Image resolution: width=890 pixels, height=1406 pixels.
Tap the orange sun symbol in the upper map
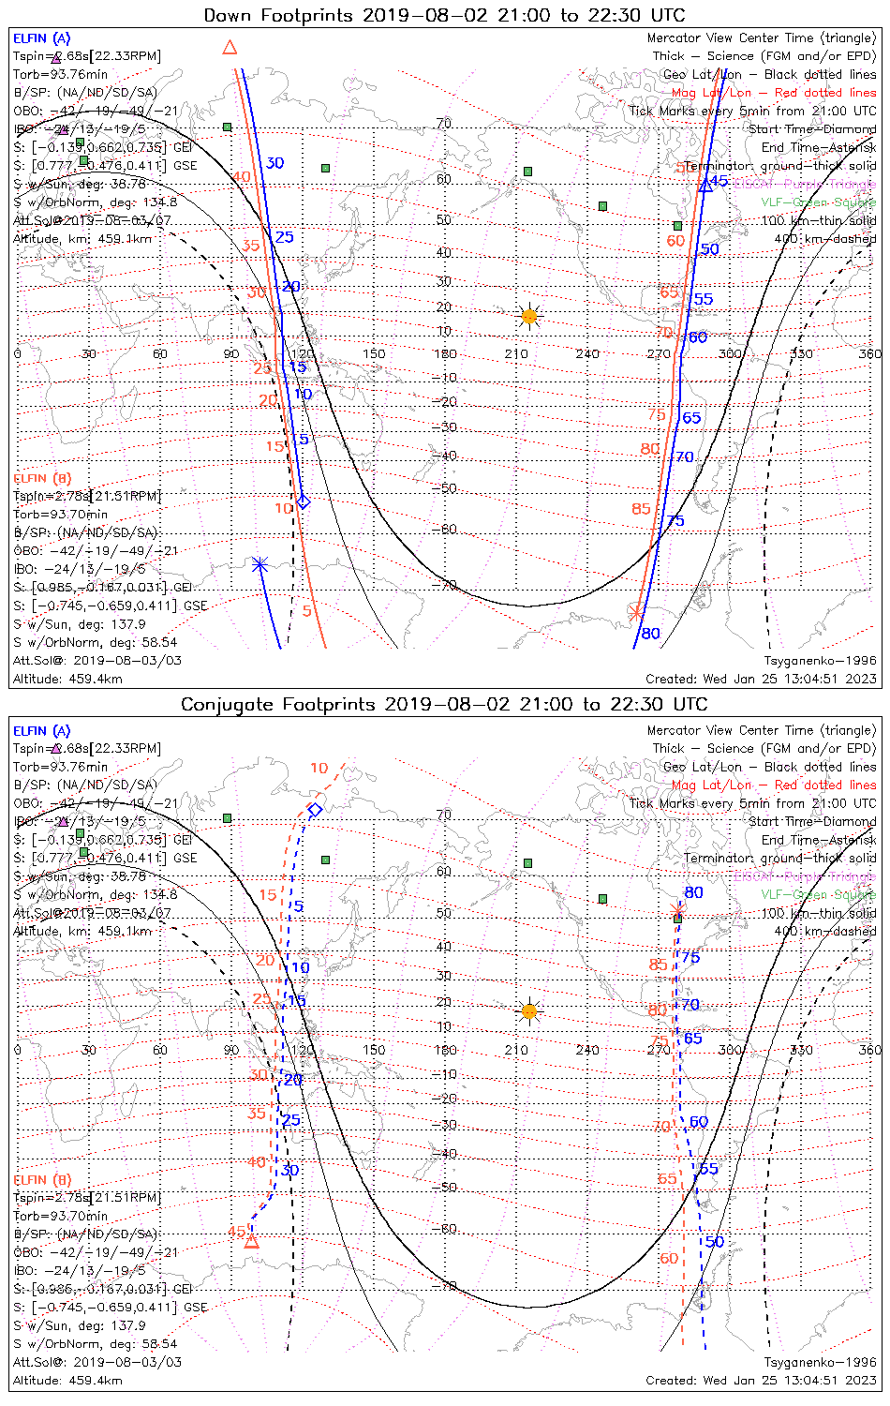click(x=529, y=317)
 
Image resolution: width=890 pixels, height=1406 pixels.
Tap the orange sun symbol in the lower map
click(x=529, y=1011)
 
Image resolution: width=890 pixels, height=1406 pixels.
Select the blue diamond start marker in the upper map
click(x=303, y=501)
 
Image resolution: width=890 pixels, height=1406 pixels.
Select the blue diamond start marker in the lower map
click(x=316, y=810)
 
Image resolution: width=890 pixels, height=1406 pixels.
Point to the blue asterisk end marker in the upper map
click(x=260, y=564)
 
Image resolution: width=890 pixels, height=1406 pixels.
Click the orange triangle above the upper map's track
click(x=230, y=47)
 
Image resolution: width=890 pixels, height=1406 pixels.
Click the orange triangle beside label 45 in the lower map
click(x=251, y=1242)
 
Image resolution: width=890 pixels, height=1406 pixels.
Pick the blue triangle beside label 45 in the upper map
click(x=705, y=187)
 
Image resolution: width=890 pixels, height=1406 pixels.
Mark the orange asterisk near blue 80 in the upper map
click(x=636, y=613)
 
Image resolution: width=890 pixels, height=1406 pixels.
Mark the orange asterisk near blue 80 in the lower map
click(x=678, y=911)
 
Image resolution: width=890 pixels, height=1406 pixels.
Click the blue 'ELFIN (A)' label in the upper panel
click(x=41, y=38)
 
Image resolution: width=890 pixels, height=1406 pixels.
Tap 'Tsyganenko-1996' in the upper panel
click(x=820, y=661)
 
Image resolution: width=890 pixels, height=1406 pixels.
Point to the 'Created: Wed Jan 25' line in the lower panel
click(x=761, y=1380)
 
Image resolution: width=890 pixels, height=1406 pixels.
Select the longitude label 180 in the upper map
click(x=445, y=354)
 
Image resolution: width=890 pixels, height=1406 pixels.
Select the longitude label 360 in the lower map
click(x=870, y=1050)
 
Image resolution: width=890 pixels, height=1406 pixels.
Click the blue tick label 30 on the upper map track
click(x=274, y=163)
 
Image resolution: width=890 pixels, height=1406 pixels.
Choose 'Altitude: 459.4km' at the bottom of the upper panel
click(x=67, y=679)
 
